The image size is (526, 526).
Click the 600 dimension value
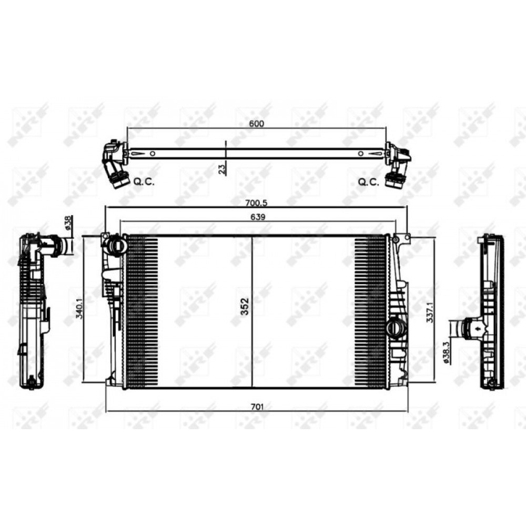pyautogui.click(x=256, y=124)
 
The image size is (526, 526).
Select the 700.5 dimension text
pyautogui.click(x=256, y=203)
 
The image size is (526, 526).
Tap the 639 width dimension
pyautogui.click(x=258, y=217)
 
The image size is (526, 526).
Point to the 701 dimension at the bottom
pyautogui.click(x=257, y=407)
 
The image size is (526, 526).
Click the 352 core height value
pyautogui.click(x=245, y=306)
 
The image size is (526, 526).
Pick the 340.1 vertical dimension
pyautogui.click(x=80, y=309)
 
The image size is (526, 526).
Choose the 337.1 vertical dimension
pyautogui.click(x=430, y=311)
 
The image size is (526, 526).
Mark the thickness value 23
pyautogui.click(x=222, y=169)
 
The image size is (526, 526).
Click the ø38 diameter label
pyautogui.click(x=67, y=222)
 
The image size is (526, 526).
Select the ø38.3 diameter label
pyautogui.click(x=446, y=352)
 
